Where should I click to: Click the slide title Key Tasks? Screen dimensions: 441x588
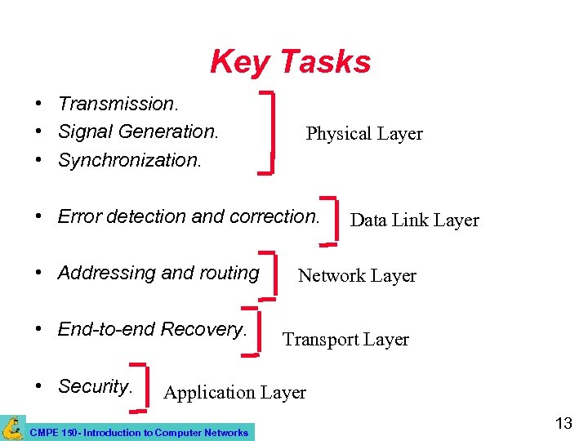click(290, 61)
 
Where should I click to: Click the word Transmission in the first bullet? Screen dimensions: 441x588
click(118, 104)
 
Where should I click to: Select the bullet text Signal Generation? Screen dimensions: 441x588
click(138, 131)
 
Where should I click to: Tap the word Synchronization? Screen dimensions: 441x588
click(129, 159)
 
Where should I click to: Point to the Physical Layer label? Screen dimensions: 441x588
click(364, 134)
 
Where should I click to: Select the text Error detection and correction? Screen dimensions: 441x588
click(189, 216)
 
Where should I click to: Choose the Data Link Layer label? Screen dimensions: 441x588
click(414, 220)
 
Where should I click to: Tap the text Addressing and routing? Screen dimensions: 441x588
click(158, 273)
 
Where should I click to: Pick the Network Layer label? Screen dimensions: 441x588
click(357, 276)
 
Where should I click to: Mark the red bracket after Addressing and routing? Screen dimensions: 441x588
click(275, 275)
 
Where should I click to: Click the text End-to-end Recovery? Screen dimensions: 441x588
click(152, 329)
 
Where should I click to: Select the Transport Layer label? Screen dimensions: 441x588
click(345, 340)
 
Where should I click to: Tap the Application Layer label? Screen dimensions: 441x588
click(234, 393)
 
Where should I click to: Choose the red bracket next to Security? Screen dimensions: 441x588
click(143, 385)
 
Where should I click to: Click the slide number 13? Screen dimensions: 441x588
click(563, 423)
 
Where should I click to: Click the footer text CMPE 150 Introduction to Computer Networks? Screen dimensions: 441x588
click(138, 432)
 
